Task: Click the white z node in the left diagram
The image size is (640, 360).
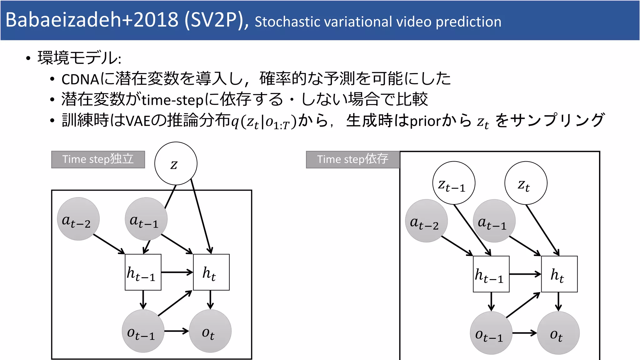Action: pyautogui.click(x=176, y=163)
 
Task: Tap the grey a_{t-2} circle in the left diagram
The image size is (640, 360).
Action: pyautogui.click(x=78, y=219)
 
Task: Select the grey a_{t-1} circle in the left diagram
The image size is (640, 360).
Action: pyautogui.click(x=146, y=219)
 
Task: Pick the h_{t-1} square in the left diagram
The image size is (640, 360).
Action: pyautogui.click(x=143, y=272)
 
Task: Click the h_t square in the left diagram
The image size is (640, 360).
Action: pyautogui.click(x=211, y=272)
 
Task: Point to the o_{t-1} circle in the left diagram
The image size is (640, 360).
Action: pyautogui.click(x=143, y=331)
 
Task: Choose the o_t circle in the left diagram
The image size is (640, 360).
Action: pyautogui.click(x=210, y=331)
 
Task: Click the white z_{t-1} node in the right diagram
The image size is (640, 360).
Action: pyautogui.click(x=454, y=183)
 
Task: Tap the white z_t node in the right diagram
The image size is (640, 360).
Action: pyautogui.click(x=526, y=183)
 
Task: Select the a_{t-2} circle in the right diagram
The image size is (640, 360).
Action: pyautogui.click(x=426, y=221)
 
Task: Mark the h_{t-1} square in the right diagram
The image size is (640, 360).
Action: pyautogui.click(x=491, y=274)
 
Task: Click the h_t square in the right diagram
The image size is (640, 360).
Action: pyautogui.click(x=559, y=274)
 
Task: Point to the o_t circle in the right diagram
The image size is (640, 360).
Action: pyautogui.click(x=558, y=333)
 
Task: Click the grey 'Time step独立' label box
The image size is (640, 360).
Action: pyautogui.click(x=98, y=159)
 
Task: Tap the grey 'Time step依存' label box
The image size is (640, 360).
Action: pyautogui.click(x=353, y=159)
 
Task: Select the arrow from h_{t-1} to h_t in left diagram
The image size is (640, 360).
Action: pyautogui.click(x=177, y=272)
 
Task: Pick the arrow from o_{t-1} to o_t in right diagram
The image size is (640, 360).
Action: pyautogui.click(x=524, y=333)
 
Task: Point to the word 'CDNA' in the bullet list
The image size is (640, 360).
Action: pyautogui.click(x=80, y=79)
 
